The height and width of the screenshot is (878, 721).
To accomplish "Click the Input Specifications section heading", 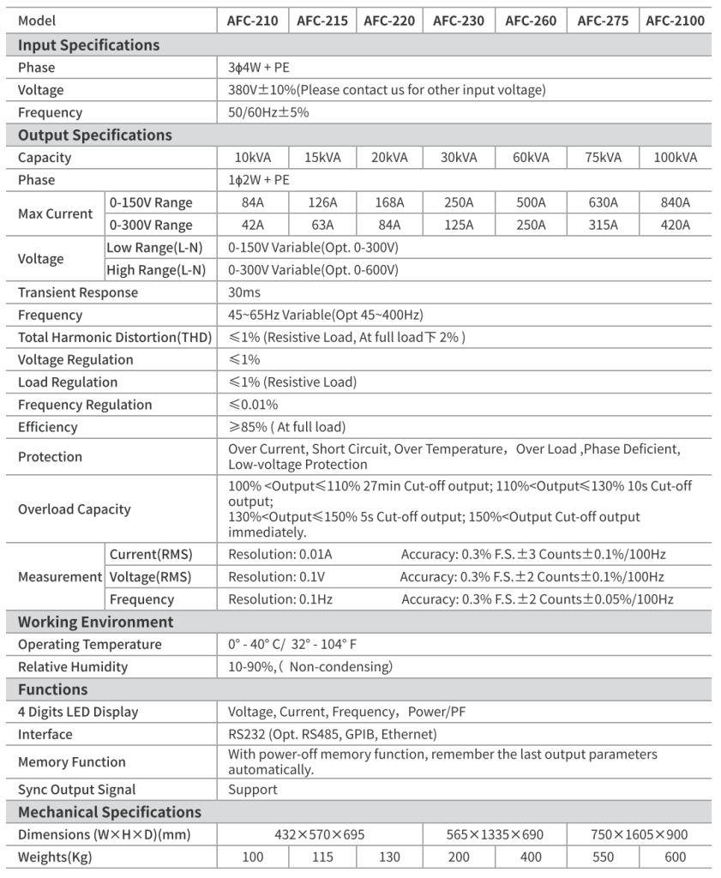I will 89,45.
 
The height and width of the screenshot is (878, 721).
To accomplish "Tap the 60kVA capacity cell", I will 531,158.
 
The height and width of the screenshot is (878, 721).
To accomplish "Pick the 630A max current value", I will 603,203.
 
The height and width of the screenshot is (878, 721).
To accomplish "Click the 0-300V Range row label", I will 151,226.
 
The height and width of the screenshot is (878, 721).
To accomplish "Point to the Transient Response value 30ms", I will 243,292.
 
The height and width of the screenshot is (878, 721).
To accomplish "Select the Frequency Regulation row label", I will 85,405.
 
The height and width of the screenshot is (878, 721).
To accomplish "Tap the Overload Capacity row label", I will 75,509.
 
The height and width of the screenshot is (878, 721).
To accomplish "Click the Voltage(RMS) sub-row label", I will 150,577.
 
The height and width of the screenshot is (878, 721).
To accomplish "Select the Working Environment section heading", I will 96,622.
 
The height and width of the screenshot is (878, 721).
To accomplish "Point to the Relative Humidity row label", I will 73,666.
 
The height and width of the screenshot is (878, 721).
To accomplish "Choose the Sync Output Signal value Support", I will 253,790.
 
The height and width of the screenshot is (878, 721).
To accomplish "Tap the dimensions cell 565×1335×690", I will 495,834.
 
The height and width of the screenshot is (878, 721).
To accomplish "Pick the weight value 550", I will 603,857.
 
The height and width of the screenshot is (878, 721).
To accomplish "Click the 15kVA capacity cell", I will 323,158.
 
